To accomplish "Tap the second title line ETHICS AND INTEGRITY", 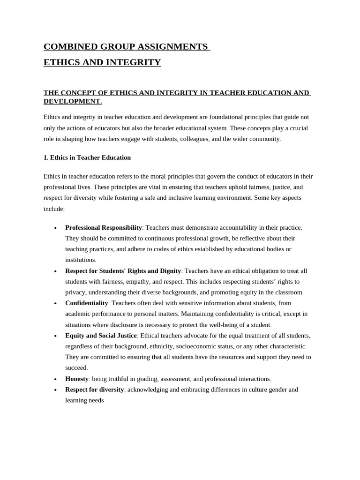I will click(x=102, y=62).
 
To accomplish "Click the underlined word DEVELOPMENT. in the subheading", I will click(x=73, y=101).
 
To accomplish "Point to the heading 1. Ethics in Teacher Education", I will click(x=87, y=157).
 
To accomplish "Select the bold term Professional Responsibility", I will click(x=104, y=227).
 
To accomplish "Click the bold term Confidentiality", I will click(x=87, y=303).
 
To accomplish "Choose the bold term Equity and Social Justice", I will click(x=101, y=336).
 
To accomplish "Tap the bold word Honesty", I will click(x=77, y=379).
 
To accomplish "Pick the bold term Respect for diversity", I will click(x=95, y=390).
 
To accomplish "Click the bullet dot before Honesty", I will click(x=55, y=379).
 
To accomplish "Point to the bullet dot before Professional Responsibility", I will click(x=55, y=228).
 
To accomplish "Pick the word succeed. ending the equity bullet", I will click(x=76, y=368).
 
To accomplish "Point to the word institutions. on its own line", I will click(x=81, y=260).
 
